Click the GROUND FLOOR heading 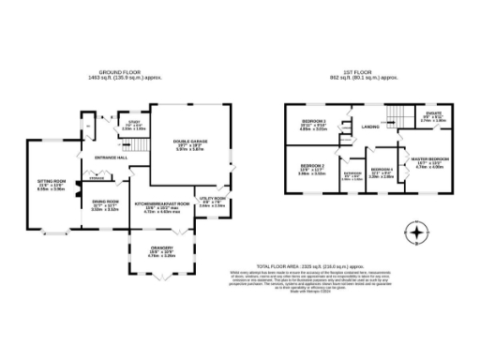pyautogui.click(x=126, y=72)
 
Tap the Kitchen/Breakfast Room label pyautogui.click(x=162, y=203)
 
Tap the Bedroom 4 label pyautogui.click(x=380, y=172)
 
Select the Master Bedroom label pyautogui.click(x=430, y=160)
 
